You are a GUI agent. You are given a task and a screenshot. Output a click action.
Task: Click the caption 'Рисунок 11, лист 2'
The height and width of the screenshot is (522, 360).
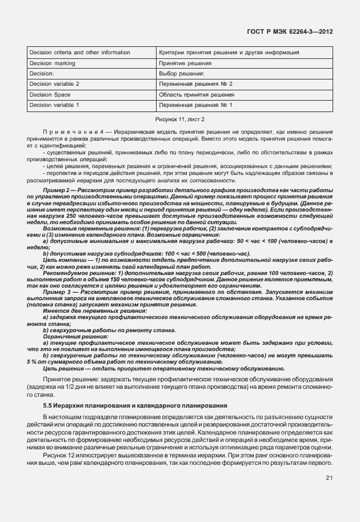[x=180, y=119]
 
